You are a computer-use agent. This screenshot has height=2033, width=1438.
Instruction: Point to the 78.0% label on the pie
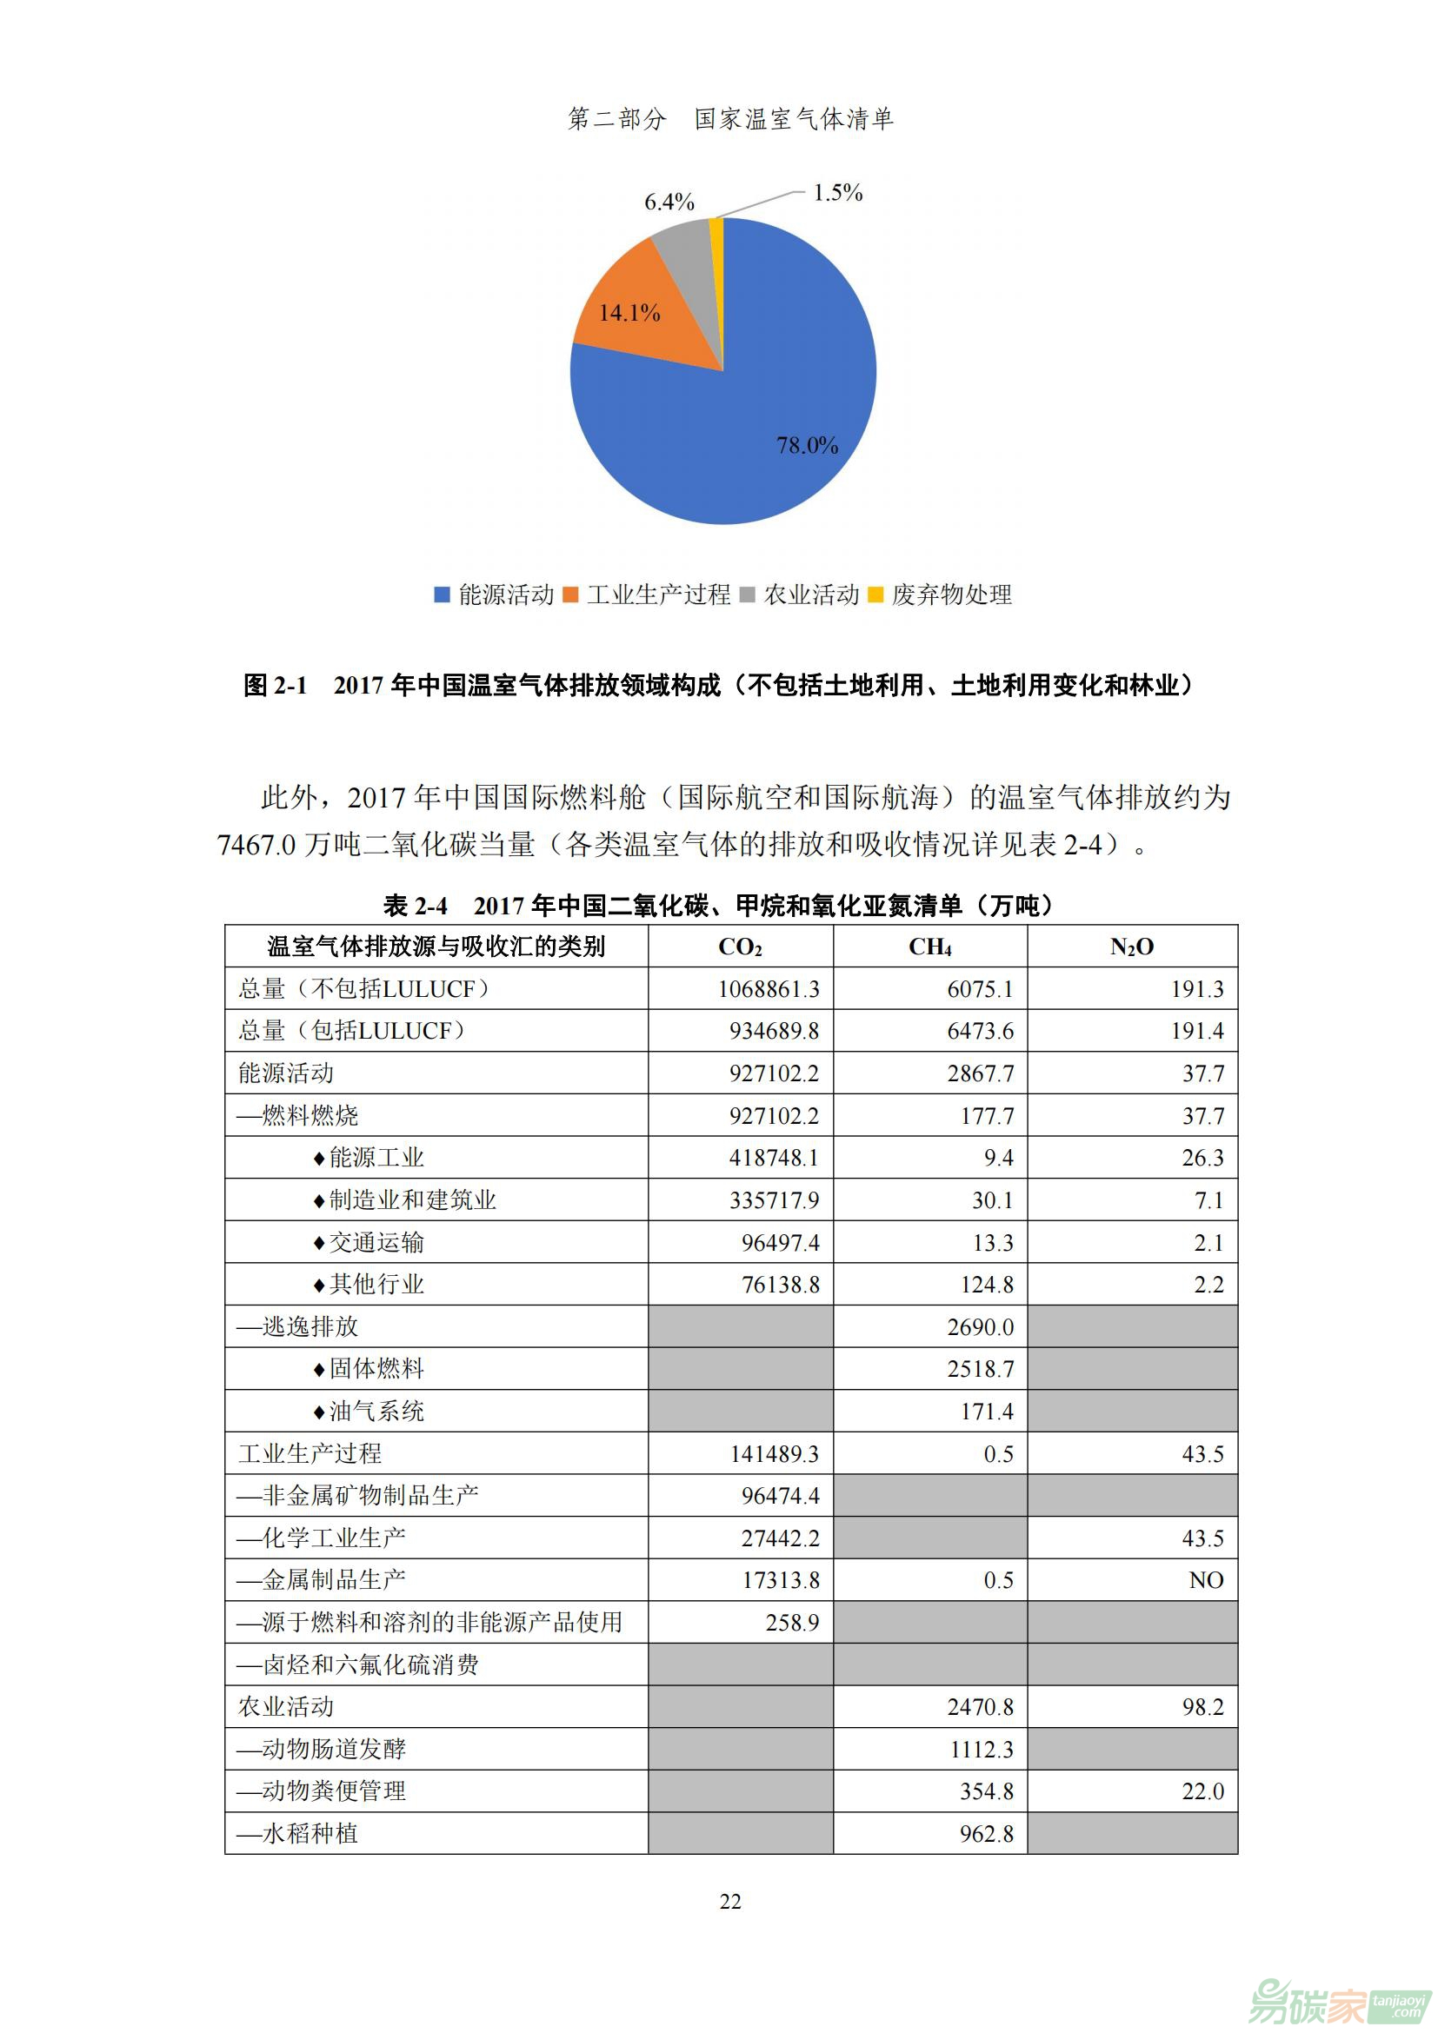pyautogui.click(x=807, y=445)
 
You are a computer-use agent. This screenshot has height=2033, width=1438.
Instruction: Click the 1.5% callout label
pyautogui.click(x=837, y=192)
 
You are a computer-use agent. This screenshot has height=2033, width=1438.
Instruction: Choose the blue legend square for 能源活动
pyautogui.click(x=442, y=595)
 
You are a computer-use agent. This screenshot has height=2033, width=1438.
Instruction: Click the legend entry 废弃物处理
pyautogui.click(x=951, y=595)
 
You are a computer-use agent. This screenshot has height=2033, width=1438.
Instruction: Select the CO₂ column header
pyautogui.click(x=740, y=947)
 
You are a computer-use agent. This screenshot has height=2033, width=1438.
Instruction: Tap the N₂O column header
pyautogui.click(x=1132, y=947)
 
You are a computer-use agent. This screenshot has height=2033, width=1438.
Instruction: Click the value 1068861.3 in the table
pyautogui.click(x=769, y=989)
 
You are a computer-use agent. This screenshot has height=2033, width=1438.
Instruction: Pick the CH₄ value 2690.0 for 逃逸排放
pyautogui.click(x=980, y=1327)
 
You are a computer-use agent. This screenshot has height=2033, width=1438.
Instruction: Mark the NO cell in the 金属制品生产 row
pyautogui.click(x=1206, y=1580)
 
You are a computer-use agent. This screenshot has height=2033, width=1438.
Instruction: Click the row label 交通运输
pyautogui.click(x=376, y=1242)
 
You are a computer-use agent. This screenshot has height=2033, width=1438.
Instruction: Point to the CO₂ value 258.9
pyautogui.click(x=793, y=1622)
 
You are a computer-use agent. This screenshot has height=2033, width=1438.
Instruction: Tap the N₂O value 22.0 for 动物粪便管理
pyautogui.click(x=1202, y=1791)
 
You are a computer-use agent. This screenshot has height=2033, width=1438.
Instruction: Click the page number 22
pyautogui.click(x=730, y=1901)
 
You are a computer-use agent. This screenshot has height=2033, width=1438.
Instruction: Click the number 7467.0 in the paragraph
pyautogui.click(x=256, y=845)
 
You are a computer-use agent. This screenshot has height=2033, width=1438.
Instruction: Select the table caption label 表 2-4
pyautogui.click(x=416, y=905)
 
